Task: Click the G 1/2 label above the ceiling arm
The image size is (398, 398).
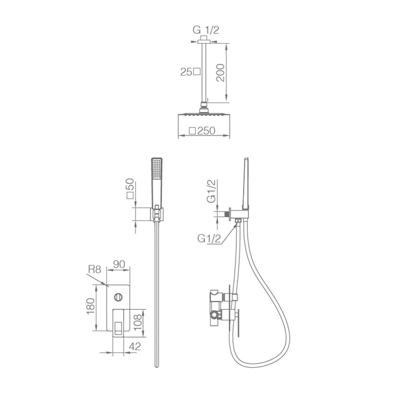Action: tap(206, 30)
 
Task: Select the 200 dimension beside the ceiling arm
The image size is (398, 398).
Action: tap(220, 73)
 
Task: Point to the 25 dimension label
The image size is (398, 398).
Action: tap(186, 72)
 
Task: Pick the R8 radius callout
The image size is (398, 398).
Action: tap(95, 270)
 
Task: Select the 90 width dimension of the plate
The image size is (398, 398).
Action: tap(119, 264)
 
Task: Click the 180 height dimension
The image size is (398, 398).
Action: tap(91, 306)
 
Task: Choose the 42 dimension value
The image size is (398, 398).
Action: tap(135, 346)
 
